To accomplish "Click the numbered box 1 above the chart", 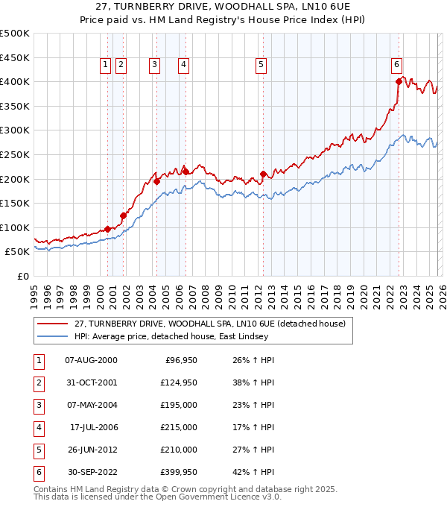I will coord(105,66).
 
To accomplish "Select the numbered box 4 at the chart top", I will coord(183,66).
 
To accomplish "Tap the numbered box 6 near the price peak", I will coord(397,66).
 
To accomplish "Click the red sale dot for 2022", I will coord(399,82).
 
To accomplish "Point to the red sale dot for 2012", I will coord(263,174).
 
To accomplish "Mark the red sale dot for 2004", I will coord(157,181).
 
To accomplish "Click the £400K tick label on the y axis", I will coord(15,82).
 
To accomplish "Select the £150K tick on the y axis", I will coord(15,203).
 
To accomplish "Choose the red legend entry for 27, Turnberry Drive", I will coord(209,324).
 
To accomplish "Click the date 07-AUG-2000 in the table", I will coord(91,360).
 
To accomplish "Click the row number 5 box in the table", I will coord(37,450).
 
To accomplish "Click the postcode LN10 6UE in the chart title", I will coord(299,7).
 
